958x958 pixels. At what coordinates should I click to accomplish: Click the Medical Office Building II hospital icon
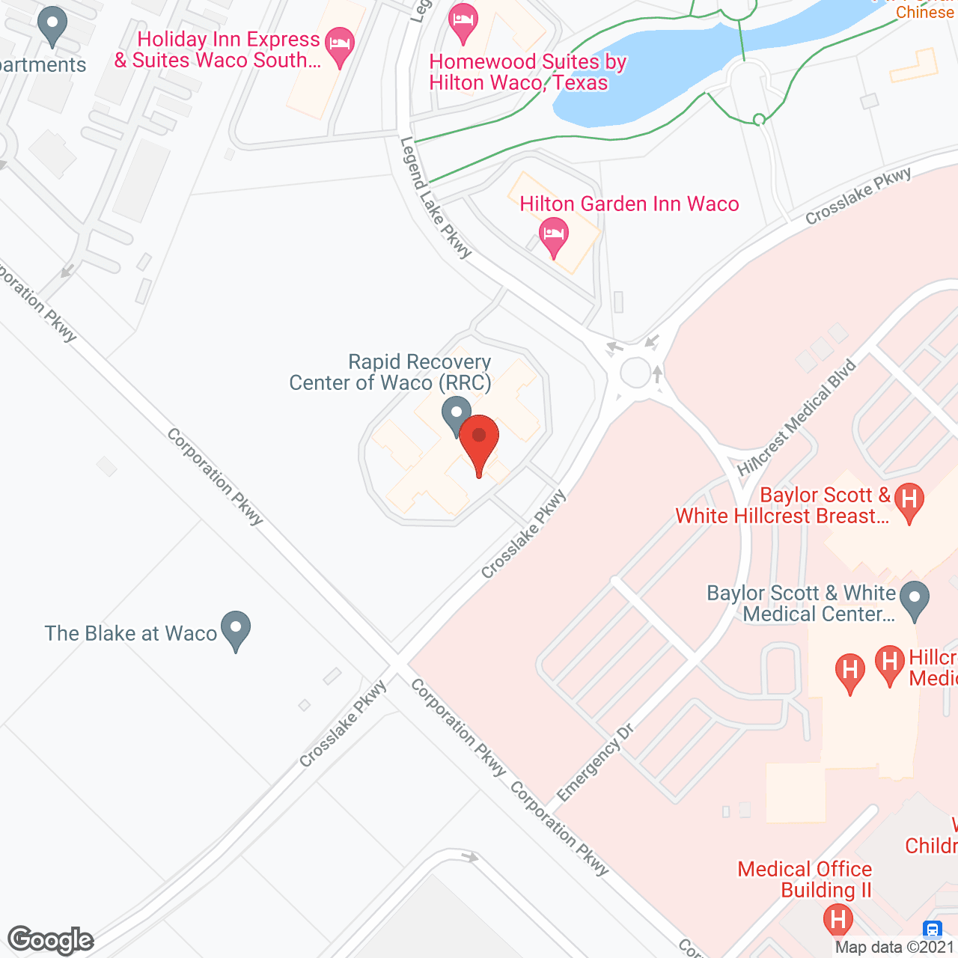[x=838, y=920]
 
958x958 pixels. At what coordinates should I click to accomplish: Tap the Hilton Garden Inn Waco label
[x=629, y=204]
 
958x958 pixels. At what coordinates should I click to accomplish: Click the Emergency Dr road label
[x=595, y=763]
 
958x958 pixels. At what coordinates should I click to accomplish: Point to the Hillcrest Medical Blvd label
[x=796, y=418]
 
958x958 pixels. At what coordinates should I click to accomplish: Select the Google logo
[x=51, y=940]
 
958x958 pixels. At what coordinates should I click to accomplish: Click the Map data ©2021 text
[x=895, y=948]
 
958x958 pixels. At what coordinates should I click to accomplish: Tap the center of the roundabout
[x=635, y=373]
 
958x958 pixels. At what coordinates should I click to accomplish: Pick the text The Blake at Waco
[x=131, y=633]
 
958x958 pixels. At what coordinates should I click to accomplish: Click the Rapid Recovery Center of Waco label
[x=391, y=373]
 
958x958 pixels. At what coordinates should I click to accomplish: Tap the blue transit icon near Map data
[x=933, y=930]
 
